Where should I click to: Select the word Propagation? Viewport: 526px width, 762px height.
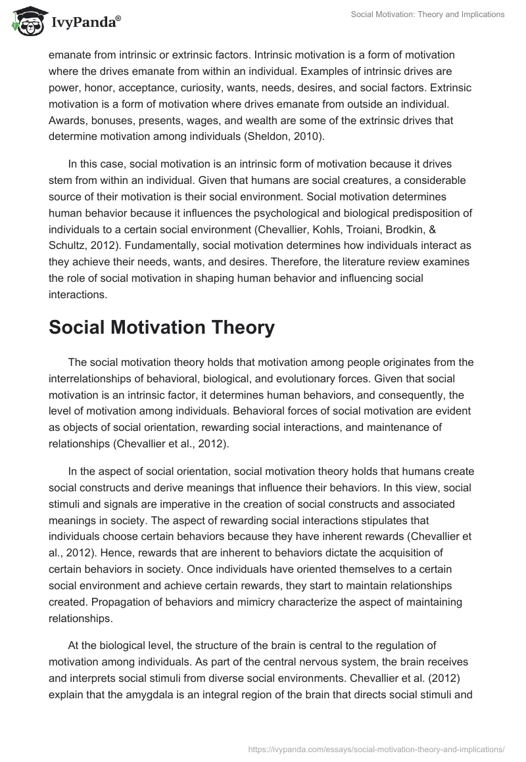(x=80, y=602)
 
